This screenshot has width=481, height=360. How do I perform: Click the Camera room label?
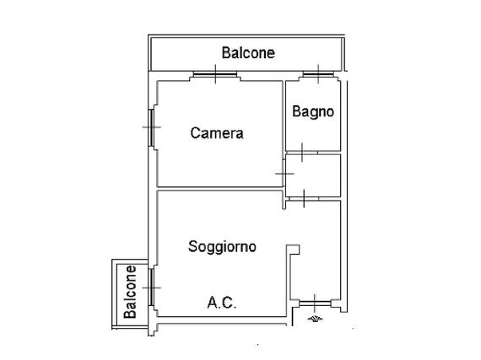[x=217, y=133]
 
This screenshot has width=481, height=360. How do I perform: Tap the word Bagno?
[x=313, y=111]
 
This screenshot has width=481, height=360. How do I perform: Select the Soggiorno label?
[x=222, y=247]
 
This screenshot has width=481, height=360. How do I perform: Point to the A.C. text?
[x=222, y=303]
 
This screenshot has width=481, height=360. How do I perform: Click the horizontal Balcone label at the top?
[x=248, y=53]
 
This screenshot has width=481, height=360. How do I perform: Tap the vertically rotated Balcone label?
[x=130, y=292]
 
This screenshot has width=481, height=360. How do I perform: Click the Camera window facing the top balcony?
[x=215, y=74]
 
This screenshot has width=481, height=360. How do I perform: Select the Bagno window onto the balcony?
[x=318, y=74]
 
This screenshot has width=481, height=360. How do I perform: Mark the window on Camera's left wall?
[x=151, y=127]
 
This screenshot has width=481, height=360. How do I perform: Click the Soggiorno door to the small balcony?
[x=151, y=287]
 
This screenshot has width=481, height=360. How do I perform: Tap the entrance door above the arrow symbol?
[x=315, y=304]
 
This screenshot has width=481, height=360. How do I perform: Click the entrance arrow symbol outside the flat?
[x=315, y=319]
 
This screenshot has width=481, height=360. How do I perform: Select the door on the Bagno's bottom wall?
[x=302, y=153]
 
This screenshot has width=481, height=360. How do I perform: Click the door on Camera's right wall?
[x=284, y=174]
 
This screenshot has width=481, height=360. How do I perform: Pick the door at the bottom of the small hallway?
[x=304, y=199]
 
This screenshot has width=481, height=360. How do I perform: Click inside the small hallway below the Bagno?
[x=313, y=175]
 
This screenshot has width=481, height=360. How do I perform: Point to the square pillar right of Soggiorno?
[x=293, y=250]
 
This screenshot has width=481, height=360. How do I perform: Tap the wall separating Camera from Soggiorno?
[x=219, y=188]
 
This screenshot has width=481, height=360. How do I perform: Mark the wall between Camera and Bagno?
[x=284, y=120]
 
